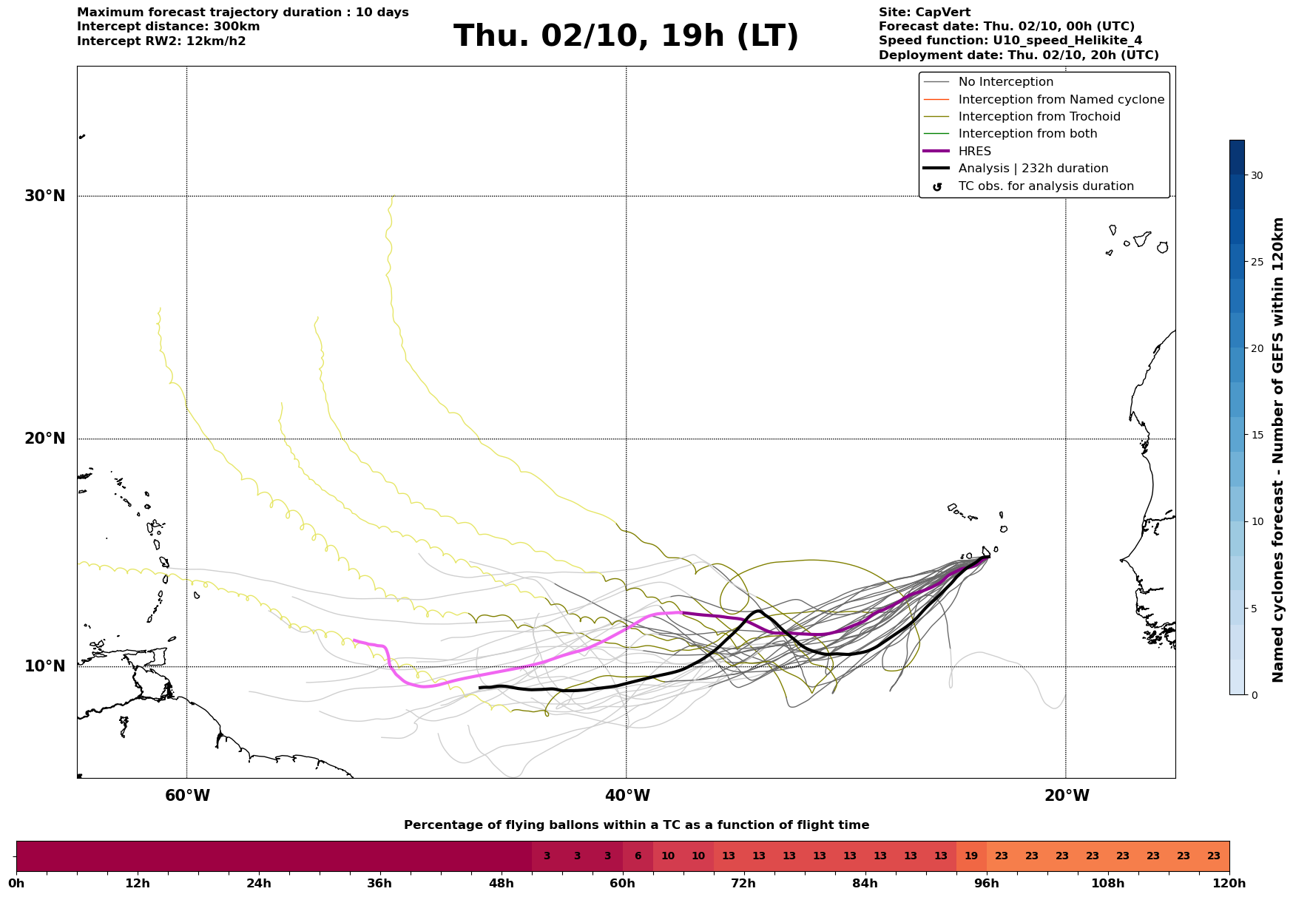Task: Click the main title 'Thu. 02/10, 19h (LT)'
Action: (626, 36)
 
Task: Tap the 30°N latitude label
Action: (45, 196)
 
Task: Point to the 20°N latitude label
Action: (45, 439)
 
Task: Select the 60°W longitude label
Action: (187, 796)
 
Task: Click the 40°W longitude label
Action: (627, 796)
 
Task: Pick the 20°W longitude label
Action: (1067, 796)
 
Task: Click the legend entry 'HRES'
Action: (974, 152)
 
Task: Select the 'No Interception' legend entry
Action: (1005, 82)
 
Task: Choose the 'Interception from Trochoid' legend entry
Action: (1039, 117)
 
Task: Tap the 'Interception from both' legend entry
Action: (1027, 134)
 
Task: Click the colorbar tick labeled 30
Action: (1257, 175)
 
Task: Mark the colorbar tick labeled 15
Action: (1257, 435)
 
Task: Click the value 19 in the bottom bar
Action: (971, 856)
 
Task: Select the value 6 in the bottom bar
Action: (638, 856)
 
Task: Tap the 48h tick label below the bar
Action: (502, 883)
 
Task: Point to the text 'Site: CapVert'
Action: (924, 13)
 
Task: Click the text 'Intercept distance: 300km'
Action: (168, 27)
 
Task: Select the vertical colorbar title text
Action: (1277, 450)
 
